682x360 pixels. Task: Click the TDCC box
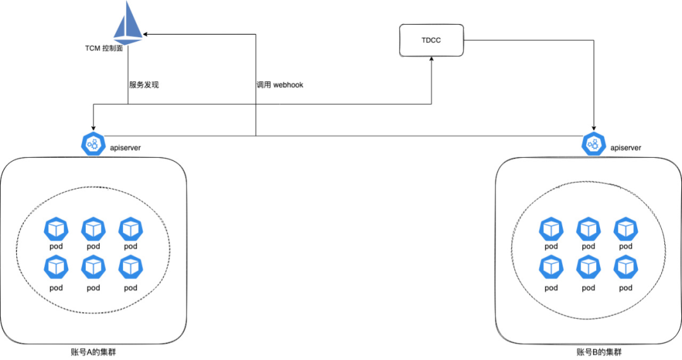[431, 40]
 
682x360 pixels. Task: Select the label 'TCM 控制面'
[104, 48]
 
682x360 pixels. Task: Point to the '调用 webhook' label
[280, 84]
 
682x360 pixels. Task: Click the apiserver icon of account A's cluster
[93, 144]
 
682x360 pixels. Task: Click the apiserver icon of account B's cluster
[594, 144]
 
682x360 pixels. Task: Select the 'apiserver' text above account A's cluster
[126, 148]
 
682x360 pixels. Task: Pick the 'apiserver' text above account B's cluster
[626, 148]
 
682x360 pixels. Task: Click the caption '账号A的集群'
[93, 352]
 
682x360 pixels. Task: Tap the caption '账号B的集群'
[594, 352]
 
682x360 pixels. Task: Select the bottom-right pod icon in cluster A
[131, 268]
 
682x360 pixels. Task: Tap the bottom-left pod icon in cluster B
[551, 268]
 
